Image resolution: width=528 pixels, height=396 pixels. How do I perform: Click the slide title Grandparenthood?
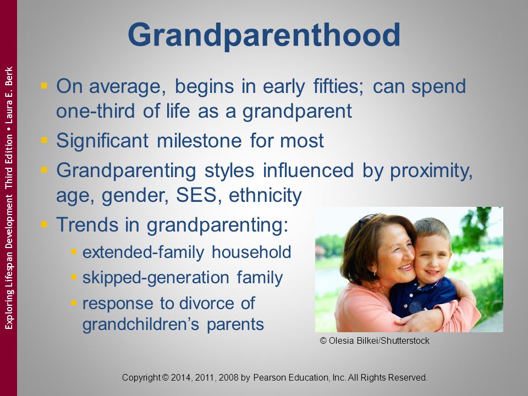coord(264,35)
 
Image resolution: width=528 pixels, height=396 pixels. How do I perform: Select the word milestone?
coord(199,140)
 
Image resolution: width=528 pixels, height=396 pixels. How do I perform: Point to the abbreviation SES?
coord(196,195)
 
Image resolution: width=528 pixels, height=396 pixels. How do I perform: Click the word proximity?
coord(431,170)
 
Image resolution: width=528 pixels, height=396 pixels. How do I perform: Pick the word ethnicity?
coord(265,195)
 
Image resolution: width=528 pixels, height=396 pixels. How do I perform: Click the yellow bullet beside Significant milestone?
coord(44,139)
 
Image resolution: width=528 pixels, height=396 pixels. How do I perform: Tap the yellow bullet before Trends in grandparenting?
coord(44,224)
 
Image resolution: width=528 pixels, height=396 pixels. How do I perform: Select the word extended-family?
coord(143,252)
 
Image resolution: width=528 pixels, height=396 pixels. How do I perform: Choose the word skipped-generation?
coord(156,278)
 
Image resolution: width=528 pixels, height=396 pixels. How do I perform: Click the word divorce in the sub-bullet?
coord(206,303)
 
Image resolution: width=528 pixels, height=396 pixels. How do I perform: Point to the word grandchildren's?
coord(141,324)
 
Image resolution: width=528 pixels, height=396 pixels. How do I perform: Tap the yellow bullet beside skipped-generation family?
coord(74,277)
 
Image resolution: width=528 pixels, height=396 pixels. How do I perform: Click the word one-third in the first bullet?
coord(95,111)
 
